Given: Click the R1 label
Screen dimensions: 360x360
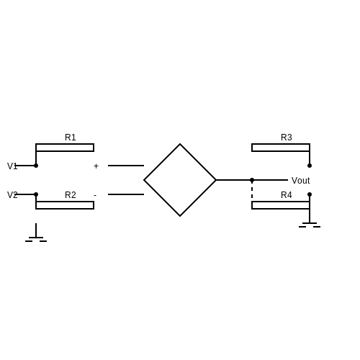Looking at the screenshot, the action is tap(71, 138).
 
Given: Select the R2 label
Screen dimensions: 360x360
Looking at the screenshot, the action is tap(71, 195).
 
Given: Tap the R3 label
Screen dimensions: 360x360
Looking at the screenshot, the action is tap(287, 138).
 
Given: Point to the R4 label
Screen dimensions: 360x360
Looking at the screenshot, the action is tap(287, 195).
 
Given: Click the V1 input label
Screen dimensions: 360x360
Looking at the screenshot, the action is tap(12, 166).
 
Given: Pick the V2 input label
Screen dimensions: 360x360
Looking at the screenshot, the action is tap(12, 195).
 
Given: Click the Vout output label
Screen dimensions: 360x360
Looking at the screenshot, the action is tap(300, 181).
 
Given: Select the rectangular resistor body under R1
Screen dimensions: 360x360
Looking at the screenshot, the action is tap(65, 148).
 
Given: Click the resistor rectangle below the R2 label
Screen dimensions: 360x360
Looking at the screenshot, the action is tap(65, 205).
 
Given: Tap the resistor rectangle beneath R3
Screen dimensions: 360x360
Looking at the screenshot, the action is tap(281, 148).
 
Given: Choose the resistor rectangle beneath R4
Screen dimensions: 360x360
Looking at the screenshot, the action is tap(281, 205).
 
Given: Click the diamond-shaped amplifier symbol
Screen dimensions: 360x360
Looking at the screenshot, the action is tap(180, 144).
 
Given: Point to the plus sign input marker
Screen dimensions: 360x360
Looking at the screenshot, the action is tap(96, 166).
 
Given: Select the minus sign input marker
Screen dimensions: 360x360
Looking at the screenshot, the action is tap(95, 195).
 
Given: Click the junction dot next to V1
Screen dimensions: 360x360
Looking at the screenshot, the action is tap(36, 166).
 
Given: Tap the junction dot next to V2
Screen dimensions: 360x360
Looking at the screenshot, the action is tap(36, 194).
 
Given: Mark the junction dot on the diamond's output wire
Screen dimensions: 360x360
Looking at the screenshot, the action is tap(252, 180).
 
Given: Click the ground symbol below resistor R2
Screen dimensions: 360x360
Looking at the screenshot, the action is tap(36, 235).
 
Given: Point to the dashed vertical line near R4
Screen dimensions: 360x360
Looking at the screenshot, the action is tap(252, 189).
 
